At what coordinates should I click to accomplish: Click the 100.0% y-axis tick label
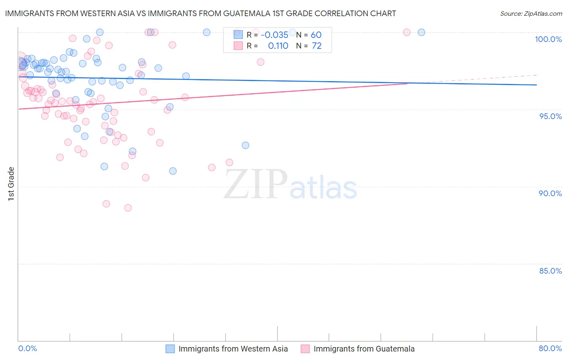pos(548,39)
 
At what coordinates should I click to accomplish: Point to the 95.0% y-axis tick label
pos(550,116)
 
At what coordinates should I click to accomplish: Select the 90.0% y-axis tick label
pos(550,193)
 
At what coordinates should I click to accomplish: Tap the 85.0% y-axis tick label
pos(550,271)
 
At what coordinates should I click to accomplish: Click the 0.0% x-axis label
pos(27,348)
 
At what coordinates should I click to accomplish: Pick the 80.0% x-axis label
pos(550,348)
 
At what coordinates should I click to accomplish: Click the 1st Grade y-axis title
pos(11,184)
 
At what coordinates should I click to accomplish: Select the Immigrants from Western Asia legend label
pos(233,349)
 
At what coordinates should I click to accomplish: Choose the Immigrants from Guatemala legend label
pos(364,349)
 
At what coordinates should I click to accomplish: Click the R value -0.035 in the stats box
pos(274,35)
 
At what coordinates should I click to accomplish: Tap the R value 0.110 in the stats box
pos(278,46)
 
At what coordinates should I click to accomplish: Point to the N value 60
pos(316,35)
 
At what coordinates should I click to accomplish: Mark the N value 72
pos(317,46)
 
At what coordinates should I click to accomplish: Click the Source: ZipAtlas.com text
pos(531,14)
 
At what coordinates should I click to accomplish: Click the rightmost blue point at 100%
pos(421,32)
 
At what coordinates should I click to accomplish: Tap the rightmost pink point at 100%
pos(406,32)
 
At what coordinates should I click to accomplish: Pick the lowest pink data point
pos(128,208)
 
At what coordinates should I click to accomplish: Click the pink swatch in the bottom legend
pos(305,349)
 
